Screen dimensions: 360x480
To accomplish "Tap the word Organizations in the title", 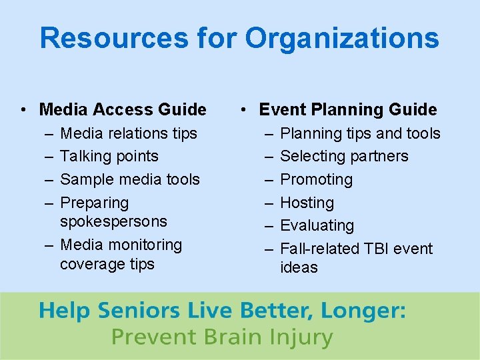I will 342,38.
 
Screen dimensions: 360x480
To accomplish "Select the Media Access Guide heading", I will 123,109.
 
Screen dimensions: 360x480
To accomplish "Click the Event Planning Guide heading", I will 347,109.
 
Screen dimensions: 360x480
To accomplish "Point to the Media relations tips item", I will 129,133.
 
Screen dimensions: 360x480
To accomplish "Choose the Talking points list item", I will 109,156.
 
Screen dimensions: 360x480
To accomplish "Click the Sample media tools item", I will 130,179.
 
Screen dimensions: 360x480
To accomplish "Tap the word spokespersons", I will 113,221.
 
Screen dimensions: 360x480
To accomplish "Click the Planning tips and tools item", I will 360,133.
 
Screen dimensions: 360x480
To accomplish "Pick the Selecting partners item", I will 344,156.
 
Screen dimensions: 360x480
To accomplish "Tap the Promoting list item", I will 316,179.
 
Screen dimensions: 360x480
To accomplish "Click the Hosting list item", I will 307,203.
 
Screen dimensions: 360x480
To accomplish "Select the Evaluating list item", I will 317,225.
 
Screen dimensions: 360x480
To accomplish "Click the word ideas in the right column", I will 299,267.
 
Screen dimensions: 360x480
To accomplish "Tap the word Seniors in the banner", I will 139,311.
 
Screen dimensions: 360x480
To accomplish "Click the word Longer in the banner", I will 365,311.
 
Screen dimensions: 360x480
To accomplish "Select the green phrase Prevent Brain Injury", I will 221,337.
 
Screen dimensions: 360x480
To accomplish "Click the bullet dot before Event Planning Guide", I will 245,109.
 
